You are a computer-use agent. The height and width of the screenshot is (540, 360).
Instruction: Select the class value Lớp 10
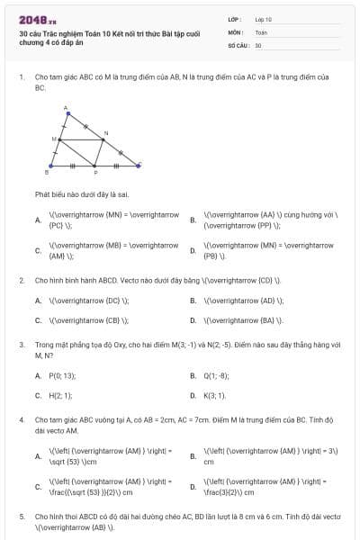[x=264, y=19]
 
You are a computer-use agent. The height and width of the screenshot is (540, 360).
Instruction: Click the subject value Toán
[x=261, y=31]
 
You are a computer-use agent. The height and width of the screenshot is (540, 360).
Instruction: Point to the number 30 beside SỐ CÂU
[x=258, y=45]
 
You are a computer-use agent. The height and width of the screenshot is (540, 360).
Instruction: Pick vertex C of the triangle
[x=139, y=165]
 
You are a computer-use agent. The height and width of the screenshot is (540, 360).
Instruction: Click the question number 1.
[x=21, y=78]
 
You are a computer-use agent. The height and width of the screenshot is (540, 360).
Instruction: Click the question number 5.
[x=21, y=517]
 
